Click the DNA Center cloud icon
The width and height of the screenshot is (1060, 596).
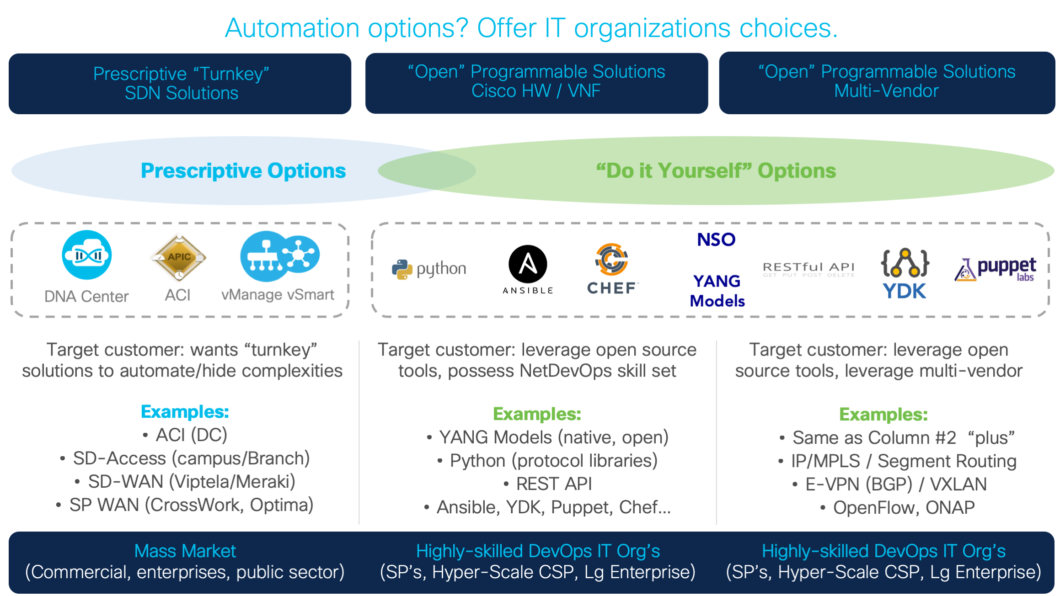click(x=86, y=255)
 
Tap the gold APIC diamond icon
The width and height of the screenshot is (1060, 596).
click(x=179, y=257)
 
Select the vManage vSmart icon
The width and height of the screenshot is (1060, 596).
click(x=279, y=256)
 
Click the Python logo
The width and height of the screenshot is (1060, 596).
click(x=429, y=269)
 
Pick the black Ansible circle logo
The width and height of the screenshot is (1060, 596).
click(x=528, y=265)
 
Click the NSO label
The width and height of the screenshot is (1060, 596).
click(x=716, y=239)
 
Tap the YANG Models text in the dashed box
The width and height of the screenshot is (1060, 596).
click(x=717, y=291)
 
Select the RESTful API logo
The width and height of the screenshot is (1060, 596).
click(x=808, y=269)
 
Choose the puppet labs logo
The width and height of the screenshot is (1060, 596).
click(x=995, y=269)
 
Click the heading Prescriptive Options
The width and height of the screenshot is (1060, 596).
click(x=243, y=171)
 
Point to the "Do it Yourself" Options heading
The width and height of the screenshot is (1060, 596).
click(x=716, y=171)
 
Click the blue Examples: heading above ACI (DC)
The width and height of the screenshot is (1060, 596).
click(x=185, y=412)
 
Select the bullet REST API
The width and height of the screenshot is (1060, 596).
click(x=553, y=484)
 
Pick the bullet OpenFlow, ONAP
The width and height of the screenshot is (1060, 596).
click(x=904, y=507)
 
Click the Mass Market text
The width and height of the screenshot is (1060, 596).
click(x=185, y=551)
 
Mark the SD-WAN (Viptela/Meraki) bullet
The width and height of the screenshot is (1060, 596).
click(x=191, y=482)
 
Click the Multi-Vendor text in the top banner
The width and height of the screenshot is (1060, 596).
click(x=886, y=91)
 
